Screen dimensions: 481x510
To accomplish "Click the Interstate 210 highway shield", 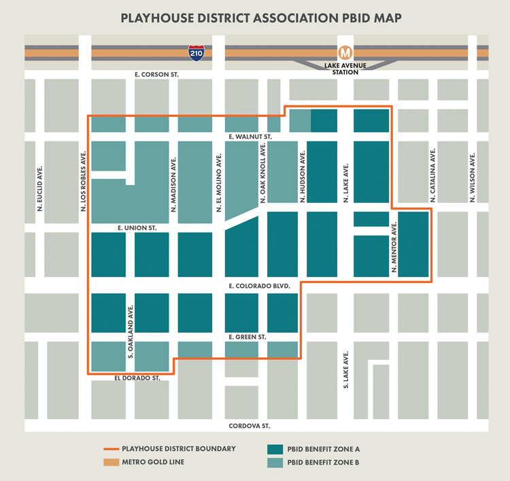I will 197,53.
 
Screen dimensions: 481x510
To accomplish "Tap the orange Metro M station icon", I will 345,52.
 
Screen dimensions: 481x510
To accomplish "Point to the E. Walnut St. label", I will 250,137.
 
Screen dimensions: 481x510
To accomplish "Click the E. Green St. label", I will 247,337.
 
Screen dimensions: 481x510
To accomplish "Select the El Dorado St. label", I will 137,377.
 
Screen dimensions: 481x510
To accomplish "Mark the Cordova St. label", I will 247,425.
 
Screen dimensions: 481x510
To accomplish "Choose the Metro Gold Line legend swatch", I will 110,463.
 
